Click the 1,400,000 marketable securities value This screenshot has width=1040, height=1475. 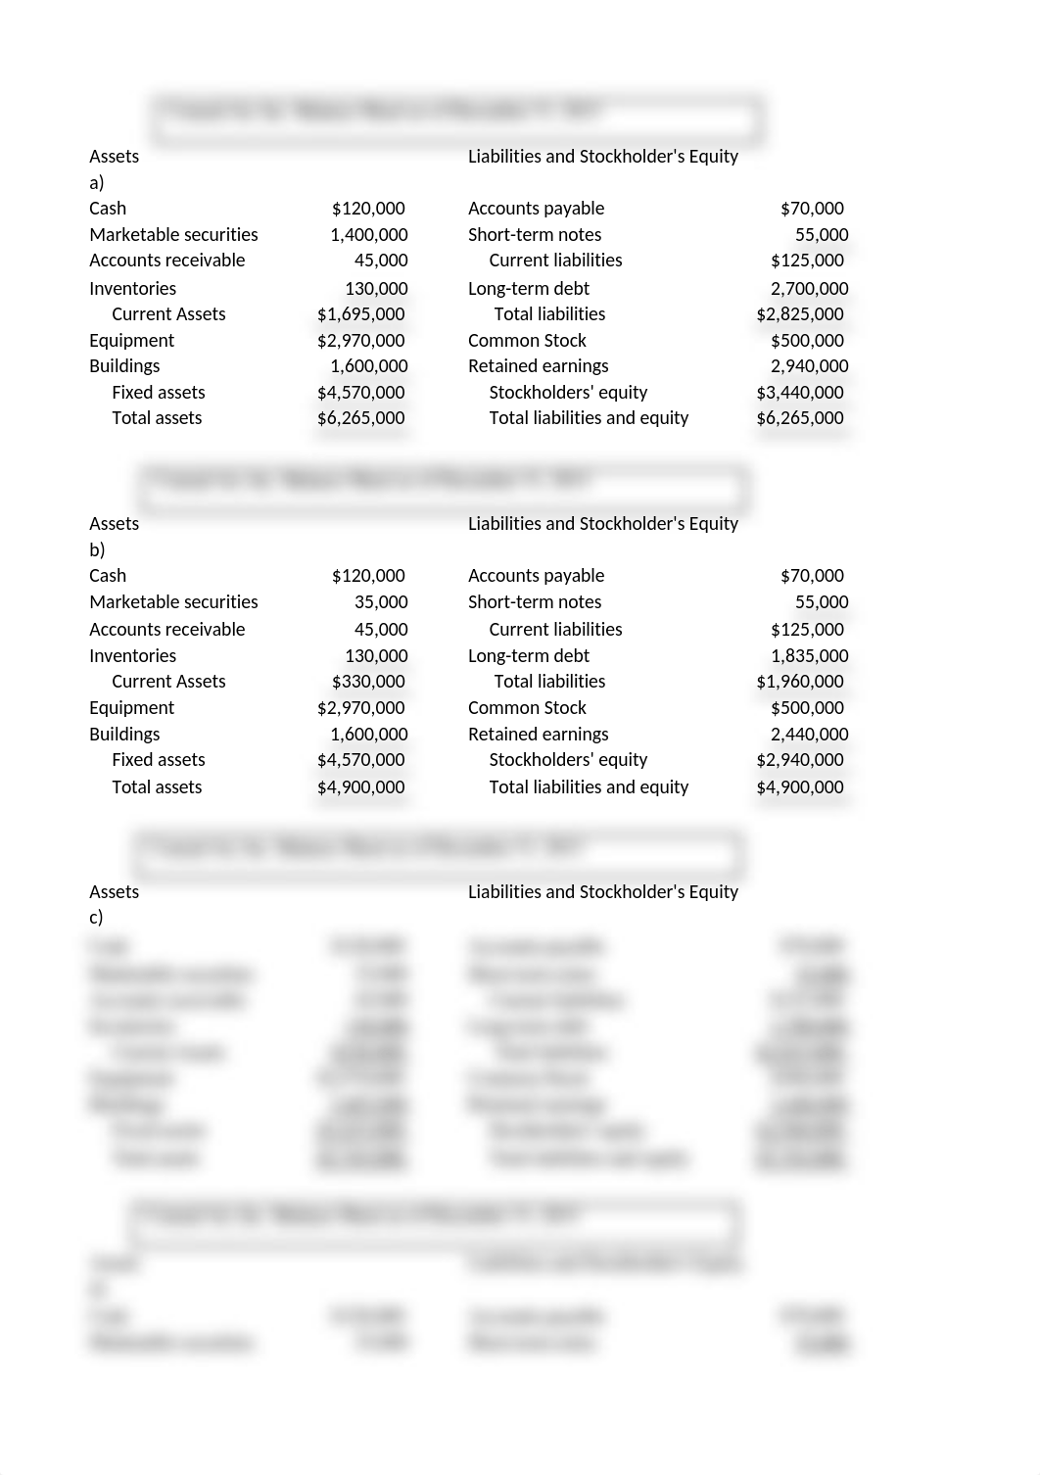point(368,235)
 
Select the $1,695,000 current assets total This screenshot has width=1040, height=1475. point(360,314)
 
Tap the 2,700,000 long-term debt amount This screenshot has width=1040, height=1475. point(809,289)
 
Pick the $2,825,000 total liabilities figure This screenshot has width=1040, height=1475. point(799,314)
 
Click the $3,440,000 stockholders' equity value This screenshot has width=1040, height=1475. point(799,393)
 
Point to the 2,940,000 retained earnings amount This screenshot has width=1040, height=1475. point(809,366)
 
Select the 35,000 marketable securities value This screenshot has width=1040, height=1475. point(381,602)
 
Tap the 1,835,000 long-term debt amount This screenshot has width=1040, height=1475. point(809,656)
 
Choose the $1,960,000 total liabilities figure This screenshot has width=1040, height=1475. point(799,682)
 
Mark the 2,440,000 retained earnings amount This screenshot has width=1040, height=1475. point(809,735)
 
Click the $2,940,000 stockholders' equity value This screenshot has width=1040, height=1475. point(799,760)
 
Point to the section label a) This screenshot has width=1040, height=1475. point(96,183)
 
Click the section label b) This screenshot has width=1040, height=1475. point(97,550)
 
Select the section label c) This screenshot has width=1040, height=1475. point(96,918)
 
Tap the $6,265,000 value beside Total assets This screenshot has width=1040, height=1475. point(360,418)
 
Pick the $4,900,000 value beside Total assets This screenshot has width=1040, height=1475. point(360,787)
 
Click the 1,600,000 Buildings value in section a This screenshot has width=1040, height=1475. point(368,366)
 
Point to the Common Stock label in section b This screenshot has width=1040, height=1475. point(527,708)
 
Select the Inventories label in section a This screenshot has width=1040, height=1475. point(132,289)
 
